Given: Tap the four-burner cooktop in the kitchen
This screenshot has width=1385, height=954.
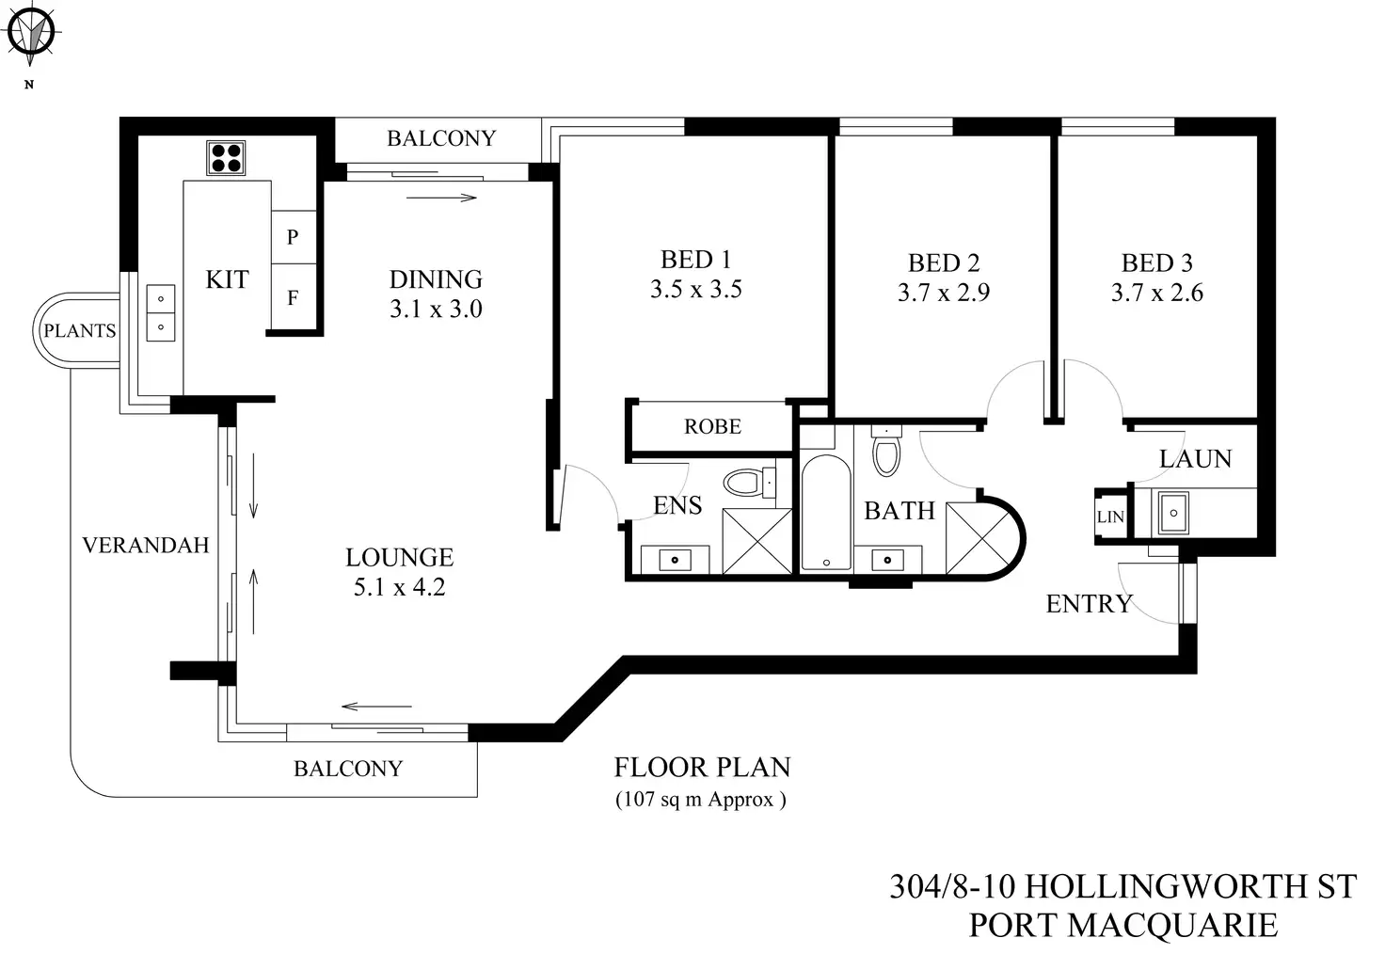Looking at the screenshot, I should point(226,158).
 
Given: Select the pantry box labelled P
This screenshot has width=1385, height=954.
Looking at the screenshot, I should point(293,237).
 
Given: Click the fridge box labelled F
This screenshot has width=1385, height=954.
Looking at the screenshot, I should point(293,298).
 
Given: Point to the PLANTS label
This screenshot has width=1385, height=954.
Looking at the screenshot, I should point(80,331).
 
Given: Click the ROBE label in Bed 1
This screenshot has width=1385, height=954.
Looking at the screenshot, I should point(712,427).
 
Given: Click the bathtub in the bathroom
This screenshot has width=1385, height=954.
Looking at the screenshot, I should point(826,513).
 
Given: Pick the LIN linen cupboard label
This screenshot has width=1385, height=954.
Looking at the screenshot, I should point(1110,517).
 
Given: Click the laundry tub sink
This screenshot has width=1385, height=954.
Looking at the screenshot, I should point(1172,513).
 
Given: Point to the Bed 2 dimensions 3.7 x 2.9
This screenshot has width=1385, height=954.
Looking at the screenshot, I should point(943,294).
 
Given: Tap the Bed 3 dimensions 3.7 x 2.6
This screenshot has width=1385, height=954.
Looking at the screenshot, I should point(1156,294).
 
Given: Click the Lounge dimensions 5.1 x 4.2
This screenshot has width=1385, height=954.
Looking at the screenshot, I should point(399,588).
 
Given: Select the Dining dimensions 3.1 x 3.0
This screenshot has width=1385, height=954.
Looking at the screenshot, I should point(436,310).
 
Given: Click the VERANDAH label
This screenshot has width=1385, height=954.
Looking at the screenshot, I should point(145,546).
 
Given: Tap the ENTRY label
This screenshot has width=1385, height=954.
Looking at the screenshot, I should point(1089,604).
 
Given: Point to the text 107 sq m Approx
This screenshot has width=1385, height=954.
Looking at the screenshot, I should point(701,801).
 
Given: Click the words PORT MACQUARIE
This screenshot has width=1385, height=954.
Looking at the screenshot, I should point(1122,926).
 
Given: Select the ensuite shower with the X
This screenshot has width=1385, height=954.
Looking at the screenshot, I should point(757,540).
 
